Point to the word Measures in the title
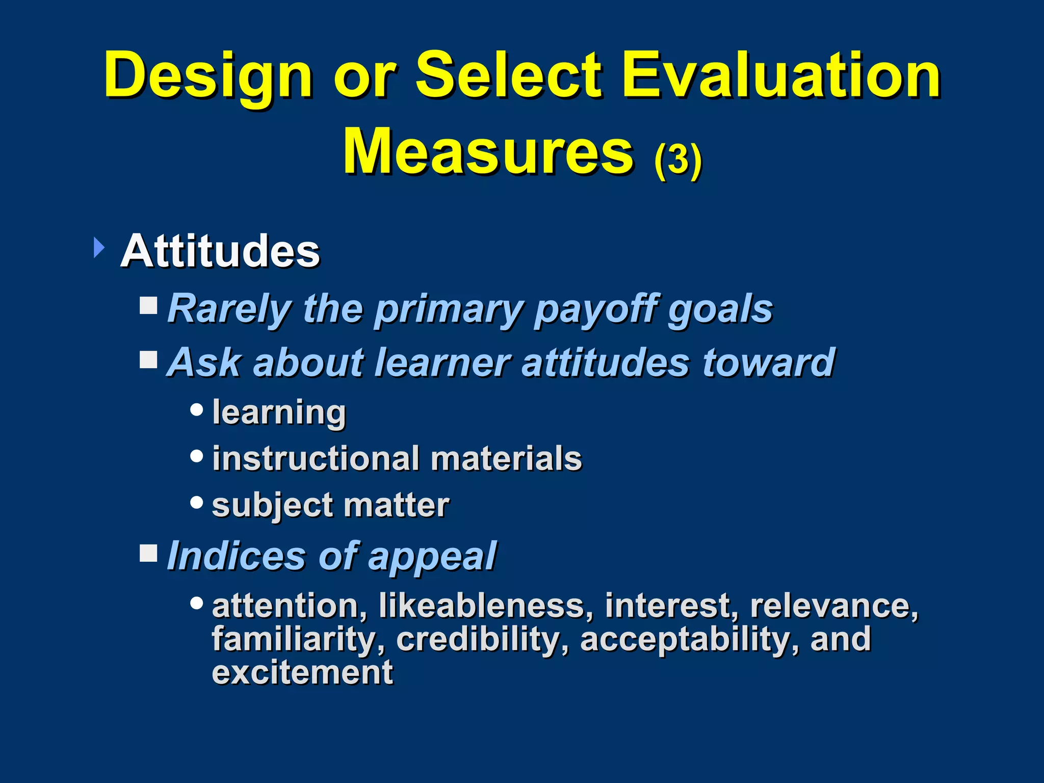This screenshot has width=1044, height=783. point(488,151)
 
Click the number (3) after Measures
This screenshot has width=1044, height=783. point(678,159)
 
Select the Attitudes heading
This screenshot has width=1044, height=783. point(220,251)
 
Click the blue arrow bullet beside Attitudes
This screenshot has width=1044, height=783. point(99,248)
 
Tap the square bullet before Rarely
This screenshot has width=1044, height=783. point(149,306)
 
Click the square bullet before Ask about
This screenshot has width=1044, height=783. point(149,359)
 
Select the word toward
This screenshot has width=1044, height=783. point(769,362)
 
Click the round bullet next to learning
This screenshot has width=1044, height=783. point(196,409)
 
